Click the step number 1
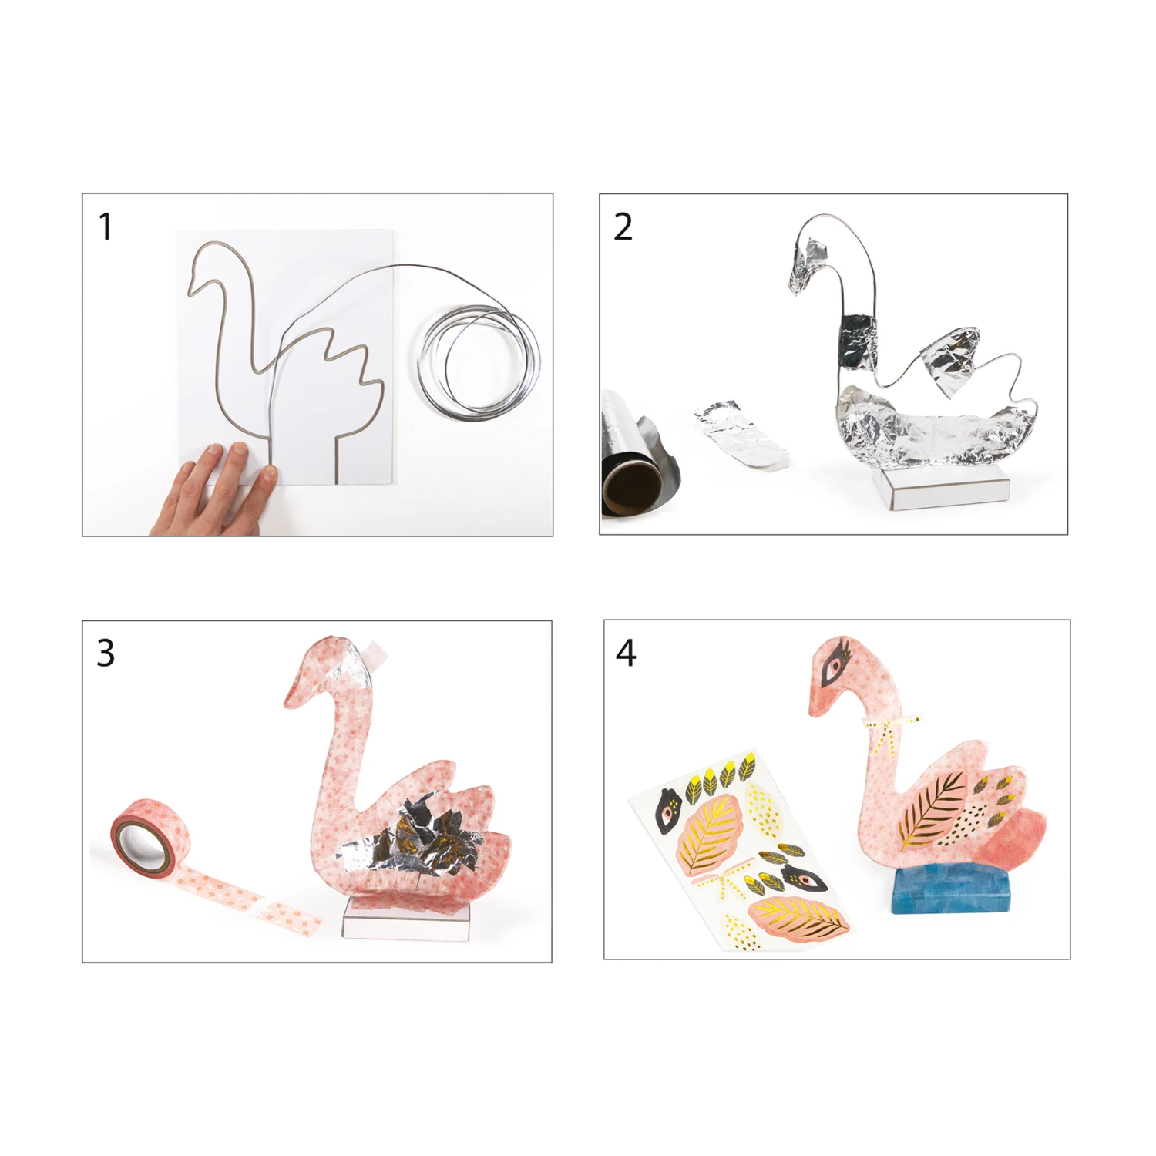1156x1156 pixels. [106, 227]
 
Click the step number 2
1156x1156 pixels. [623, 227]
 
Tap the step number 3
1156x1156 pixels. [106, 653]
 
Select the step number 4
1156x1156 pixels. [626, 653]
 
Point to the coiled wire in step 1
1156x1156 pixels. [479, 362]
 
